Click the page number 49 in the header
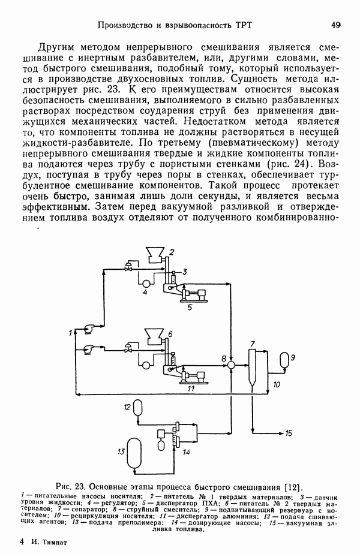(x=335, y=25)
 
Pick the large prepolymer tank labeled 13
(x=137, y=455)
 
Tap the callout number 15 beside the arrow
(x=289, y=433)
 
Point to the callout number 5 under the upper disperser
(x=190, y=308)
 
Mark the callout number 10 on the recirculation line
(x=277, y=384)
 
